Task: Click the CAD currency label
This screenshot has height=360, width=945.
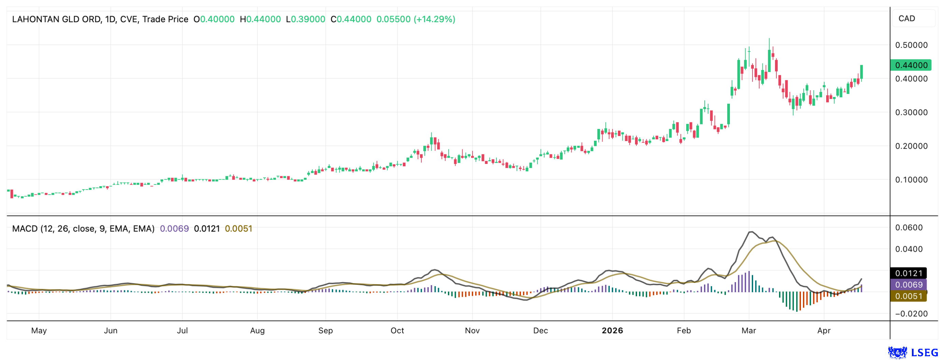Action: [906, 18]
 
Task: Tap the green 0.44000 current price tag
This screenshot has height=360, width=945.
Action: [911, 65]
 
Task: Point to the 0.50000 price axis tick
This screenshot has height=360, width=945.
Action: [911, 45]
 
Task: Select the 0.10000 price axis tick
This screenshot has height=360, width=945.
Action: [911, 180]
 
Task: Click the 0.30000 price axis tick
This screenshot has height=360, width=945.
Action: [911, 112]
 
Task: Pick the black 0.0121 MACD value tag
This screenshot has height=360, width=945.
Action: [908, 273]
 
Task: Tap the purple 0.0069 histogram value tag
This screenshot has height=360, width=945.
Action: [908, 285]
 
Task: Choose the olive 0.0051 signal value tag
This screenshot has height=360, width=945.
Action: [908, 296]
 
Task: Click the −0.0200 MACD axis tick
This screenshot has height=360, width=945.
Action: [911, 314]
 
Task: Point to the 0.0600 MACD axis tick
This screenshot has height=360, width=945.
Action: [911, 227]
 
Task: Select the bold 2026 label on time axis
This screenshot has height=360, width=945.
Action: [612, 331]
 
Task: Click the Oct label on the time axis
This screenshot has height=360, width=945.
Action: [397, 331]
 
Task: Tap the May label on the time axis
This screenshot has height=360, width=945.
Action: [39, 331]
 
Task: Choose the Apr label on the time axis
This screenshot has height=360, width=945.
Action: [823, 331]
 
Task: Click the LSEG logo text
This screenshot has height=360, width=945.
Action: [925, 353]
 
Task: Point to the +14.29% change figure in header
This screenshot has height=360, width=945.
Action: [434, 19]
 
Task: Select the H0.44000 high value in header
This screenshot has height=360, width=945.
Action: [260, 19]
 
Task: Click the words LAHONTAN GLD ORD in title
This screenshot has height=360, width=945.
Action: [56, 19]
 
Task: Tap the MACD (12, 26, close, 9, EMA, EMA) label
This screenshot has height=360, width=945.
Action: [83, 229]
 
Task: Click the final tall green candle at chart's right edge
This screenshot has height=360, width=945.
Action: [861, 72]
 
